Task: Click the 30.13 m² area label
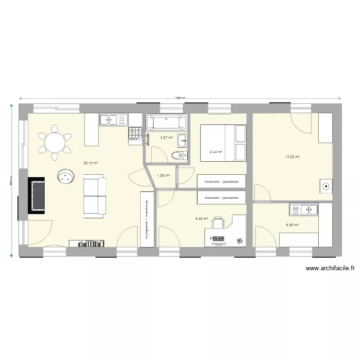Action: click(x=91, y=163)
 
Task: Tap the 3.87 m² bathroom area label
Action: click(x=166, y=138)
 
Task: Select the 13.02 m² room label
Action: click(x=292, y=157)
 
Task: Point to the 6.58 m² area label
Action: click(x=292, y=225)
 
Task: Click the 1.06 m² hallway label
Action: click(x=164, y=176)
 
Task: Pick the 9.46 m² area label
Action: click(x=201, y=218)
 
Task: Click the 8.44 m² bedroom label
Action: click(x=216, y=152)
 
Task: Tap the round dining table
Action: click(x=55, y=142)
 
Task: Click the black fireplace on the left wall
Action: click(x=36, y=195)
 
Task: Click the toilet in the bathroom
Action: click(x=179, y=155)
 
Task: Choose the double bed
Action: click(x=223, y=143)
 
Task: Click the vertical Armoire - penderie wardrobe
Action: click(x=147, y=219)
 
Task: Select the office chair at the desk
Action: click(x=218, y=223)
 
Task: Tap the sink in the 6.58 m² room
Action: click(x=304, y=209)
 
